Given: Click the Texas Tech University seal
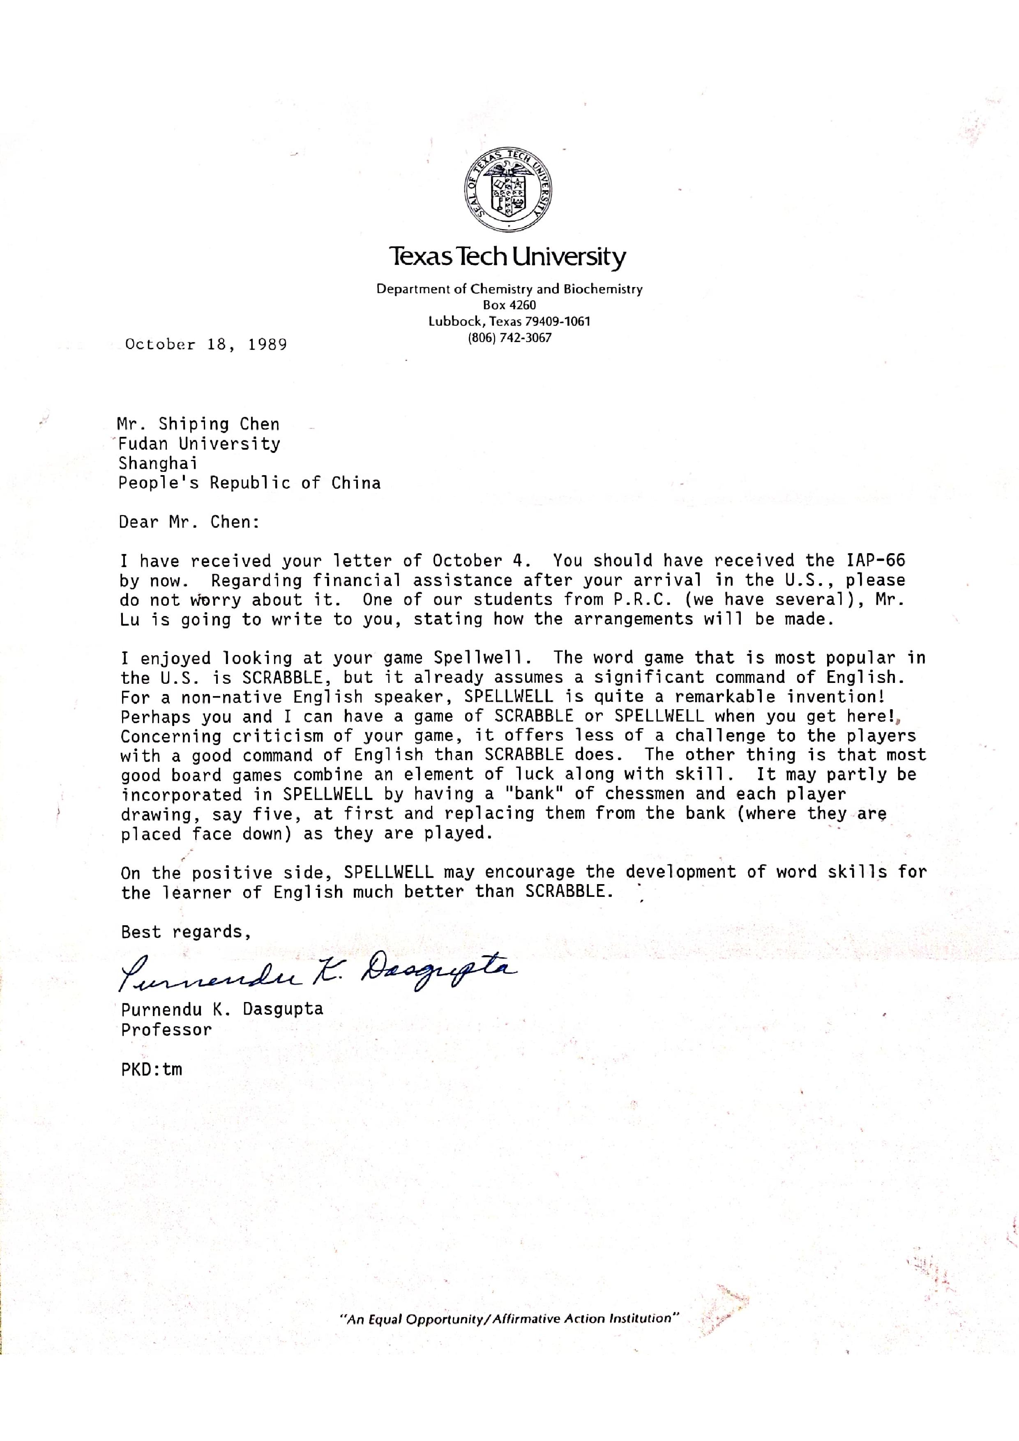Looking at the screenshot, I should pyautogui.click(x=509, y=192).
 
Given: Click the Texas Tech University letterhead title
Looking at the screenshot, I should pyautogui.click(x=507, y=257).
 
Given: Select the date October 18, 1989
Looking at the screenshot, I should pyautogui.click(x=206, y=344).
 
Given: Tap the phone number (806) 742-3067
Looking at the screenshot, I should pyautogui.click(x=509, y=338).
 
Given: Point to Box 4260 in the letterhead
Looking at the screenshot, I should pyautogui.click(x=509, y=305).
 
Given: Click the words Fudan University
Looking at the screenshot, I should pyautogui.click(x=199, y=444).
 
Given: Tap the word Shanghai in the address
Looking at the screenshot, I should pyautogui.click(x=158, y=463).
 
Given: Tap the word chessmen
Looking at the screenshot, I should pyautogui.click(x=645, y=793).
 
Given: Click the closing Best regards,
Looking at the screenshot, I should pyautogui.click(x=186, y=931).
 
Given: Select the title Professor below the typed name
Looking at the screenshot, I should pyautogui.click(x=166, y=1029).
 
